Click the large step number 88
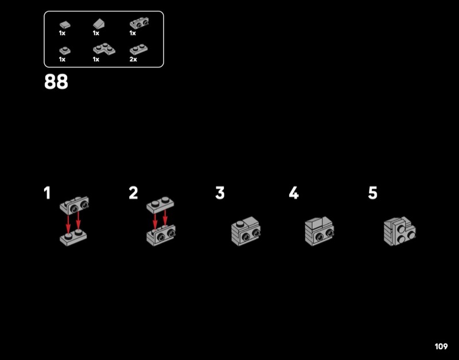(56, 81)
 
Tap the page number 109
(441, 347)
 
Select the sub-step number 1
(47, 193)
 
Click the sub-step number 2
(133, 193)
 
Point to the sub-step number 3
(220, 193)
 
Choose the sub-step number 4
(294, 193)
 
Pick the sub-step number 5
(372, 193)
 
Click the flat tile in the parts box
(65, 25)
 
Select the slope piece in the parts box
(99, 24)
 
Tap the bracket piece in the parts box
(139, 24)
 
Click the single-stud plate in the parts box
(65, 50)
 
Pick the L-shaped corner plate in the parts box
(104, 49)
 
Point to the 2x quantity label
(133, 60)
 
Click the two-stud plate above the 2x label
(138, 49)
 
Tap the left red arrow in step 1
(68, 224)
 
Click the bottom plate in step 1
(73, 237)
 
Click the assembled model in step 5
(399, 232)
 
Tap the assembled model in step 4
(320, 232)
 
